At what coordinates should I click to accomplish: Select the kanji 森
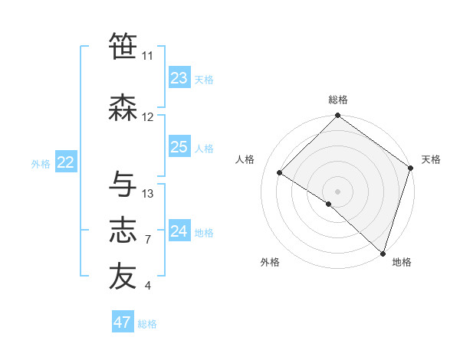click(123, 108)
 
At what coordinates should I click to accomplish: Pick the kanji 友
click(123, 277)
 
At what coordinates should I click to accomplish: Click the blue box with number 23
click(179, 78)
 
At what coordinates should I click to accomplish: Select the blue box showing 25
click(179, 147)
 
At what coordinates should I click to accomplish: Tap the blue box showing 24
click(179, 231)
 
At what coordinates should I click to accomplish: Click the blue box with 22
click(66, 162)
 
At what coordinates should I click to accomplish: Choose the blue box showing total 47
click(123, 322)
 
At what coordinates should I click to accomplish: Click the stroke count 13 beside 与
click(148, 193)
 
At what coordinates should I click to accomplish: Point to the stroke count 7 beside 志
click(148, 240)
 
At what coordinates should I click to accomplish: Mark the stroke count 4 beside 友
click(148, 286)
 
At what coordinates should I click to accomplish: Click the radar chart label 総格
click(337, 100)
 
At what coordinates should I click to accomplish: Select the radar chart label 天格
click(431, 159)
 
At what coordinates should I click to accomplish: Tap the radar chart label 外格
click(270, 262)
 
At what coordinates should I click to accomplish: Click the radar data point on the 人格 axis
click(280, 173)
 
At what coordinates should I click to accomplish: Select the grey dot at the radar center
click(337, 191)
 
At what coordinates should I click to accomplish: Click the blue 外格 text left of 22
click(41, 163)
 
